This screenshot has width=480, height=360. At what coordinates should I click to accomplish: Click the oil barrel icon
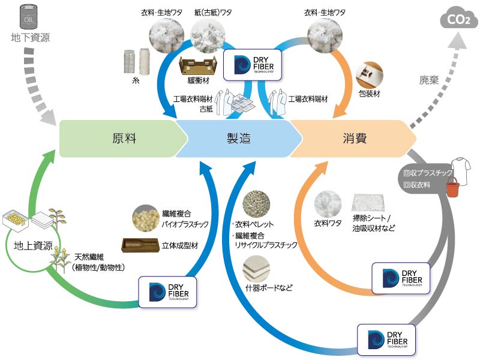29,17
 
